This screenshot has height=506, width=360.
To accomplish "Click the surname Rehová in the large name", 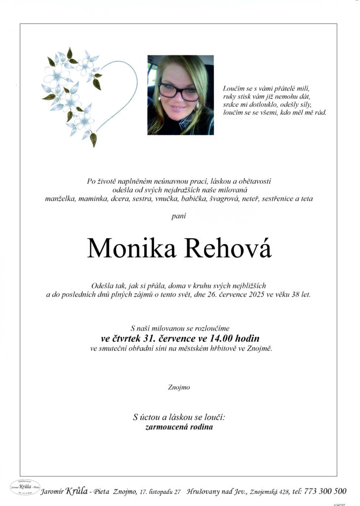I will click(228, 249).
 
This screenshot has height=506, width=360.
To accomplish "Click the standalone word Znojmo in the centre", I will click(179, 387).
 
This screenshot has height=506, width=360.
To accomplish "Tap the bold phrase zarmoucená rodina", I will click(179, 427).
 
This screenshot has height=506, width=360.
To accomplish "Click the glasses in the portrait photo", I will click(178, 92).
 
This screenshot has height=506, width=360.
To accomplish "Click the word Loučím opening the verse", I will click(234, 88).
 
